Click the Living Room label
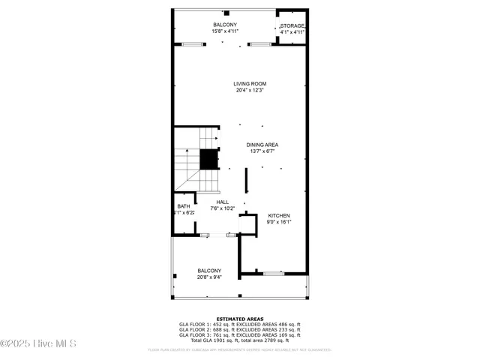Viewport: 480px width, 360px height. pyautogui.click(x=250, y=83)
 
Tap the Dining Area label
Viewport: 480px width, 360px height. pyautogui.click(x=262, y=144)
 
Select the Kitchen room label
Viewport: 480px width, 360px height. pyautogui.click(x=279, y=215)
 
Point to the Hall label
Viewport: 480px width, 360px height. pyautogui.click(x=223, y=202)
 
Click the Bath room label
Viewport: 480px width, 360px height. pyautogui.click(x=184, y=206)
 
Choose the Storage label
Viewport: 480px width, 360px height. pyautogui.click(x=293, y=26)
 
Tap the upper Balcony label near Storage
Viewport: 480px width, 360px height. pyautogui.click(x=224, y=25)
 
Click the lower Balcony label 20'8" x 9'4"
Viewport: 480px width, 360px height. pyautogui.click(x=209, y=271)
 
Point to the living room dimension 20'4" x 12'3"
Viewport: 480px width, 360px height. pyautogui.click(x=250, y=90)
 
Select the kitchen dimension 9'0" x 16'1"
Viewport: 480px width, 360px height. pyautogui.click(x=279, y=222)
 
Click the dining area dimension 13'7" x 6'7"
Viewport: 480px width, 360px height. pyautogui.click(x=262, y=151)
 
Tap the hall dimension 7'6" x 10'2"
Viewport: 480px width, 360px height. pyautogui.click(x=223, y=208)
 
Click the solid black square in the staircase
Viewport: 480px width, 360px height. pyautogui.click(x=208, y=159)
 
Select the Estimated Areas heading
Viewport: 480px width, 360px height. pyautogui.click(x=239, y=319)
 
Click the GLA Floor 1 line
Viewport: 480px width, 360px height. pyautogui.click(x=239, y=324)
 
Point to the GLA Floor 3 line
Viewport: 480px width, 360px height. pyautogui.click(x=239, y=334)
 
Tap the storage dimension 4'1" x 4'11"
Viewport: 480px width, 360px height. pyautogui.click(x=293, y=32)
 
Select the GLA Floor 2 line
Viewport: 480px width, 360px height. pyautogui.click(x=239, y=329)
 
